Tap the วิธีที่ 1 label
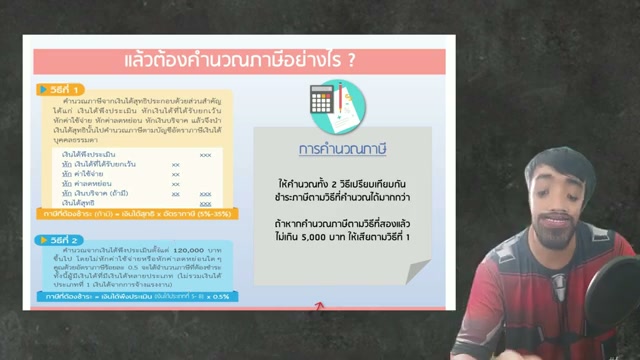[62, 89]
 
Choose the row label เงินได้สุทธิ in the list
[80, 201]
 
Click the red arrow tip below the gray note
[319, 303]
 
